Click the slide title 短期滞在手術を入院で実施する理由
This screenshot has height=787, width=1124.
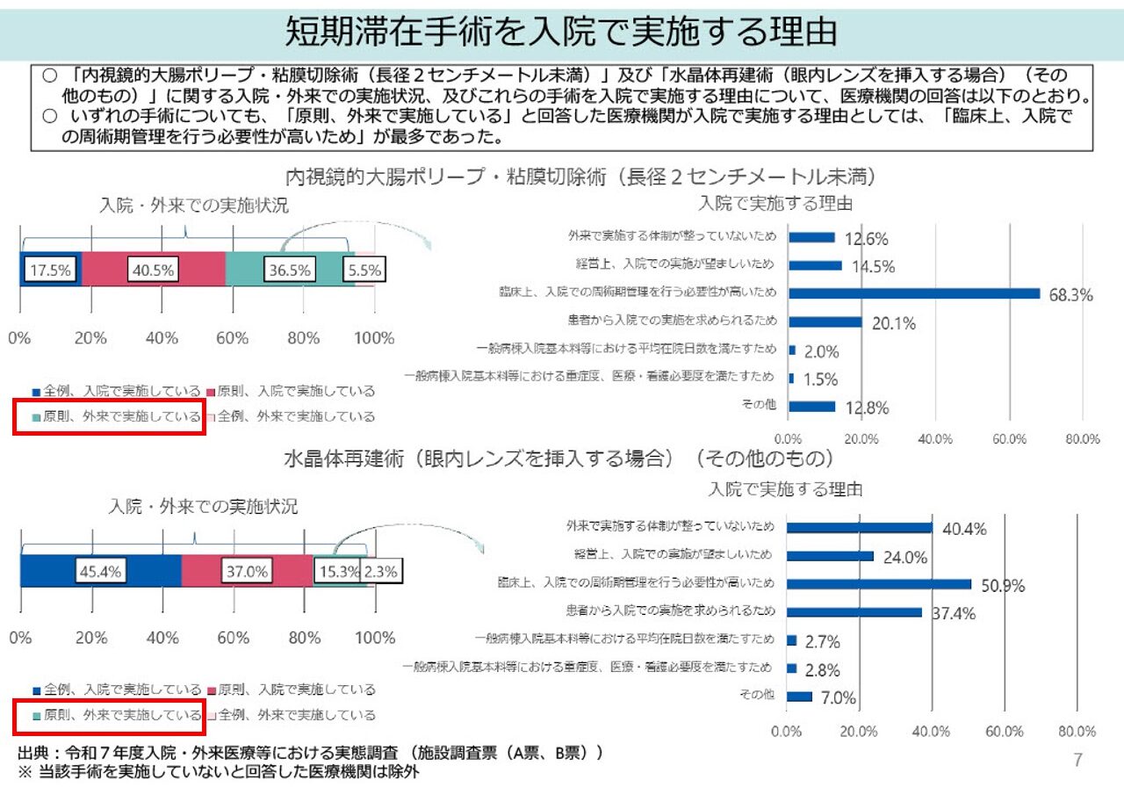[x=561, y=33]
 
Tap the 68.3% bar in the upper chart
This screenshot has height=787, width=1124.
[x=913, y=293]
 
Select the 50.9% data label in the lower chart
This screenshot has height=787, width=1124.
[x=1004, y=585]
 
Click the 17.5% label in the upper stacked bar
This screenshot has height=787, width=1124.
[x=49, y=270]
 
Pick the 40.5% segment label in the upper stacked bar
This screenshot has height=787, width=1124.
[x=153, y=270]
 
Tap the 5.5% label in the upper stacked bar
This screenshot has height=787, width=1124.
[x=363, y=270]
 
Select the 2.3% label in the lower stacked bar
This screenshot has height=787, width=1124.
[x=380, y=571]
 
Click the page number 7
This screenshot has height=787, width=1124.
[x=1077, y=760]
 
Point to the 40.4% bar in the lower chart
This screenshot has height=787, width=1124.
[x=859, y=528]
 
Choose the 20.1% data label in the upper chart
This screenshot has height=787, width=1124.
[x=894, y=323]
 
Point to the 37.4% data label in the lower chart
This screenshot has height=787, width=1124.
[x=954, y=613]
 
